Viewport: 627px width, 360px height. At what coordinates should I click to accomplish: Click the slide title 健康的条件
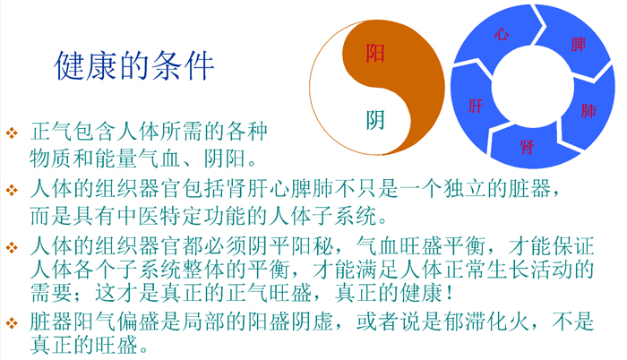134,65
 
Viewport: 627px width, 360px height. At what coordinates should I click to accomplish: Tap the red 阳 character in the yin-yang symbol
375,53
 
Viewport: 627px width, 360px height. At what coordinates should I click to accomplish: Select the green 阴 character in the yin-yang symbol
375,120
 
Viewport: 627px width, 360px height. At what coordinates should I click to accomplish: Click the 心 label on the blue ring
502,34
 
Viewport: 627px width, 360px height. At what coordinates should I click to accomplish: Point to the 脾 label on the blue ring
579,45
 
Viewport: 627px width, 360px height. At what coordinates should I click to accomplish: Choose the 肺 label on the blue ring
588,111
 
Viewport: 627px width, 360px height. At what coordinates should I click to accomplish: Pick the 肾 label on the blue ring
528,147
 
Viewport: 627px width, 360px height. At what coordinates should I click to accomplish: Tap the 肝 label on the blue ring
476,107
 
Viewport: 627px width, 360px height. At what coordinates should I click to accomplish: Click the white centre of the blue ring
532,87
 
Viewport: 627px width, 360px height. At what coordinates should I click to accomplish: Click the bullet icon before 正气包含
12,133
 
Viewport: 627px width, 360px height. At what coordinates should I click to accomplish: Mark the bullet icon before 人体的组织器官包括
12,190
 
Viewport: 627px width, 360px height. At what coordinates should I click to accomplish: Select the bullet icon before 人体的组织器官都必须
12,247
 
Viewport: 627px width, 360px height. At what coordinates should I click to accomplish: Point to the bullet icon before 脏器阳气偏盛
12,322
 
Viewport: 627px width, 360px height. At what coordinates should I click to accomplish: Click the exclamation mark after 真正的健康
451,293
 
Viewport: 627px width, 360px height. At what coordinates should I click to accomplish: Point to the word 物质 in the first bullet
51,159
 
